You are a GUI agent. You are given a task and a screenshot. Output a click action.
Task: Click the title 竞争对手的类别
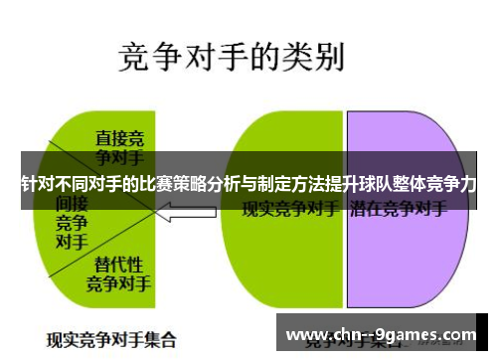point(231,58)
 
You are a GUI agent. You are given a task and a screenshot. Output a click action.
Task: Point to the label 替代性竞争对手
point(118,272)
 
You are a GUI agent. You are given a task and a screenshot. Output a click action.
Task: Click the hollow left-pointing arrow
point(189,211)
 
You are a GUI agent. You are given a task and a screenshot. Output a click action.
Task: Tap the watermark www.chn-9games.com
point(388,333)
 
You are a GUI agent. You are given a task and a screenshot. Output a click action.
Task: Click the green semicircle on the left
point(99,239)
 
